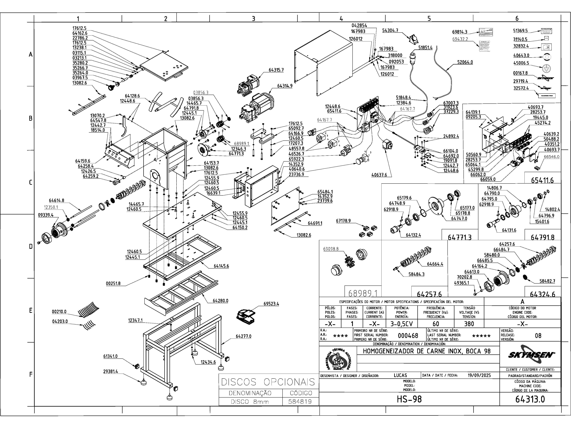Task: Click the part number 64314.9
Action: coord(285,86)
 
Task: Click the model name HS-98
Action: coord(409,399)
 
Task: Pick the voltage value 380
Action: coord(469,324)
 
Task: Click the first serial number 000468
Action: coord(408,336)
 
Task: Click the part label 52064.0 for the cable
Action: coord(465,62)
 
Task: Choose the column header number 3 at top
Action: coord(254,19)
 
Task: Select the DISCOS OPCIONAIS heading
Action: coord(268,382)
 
